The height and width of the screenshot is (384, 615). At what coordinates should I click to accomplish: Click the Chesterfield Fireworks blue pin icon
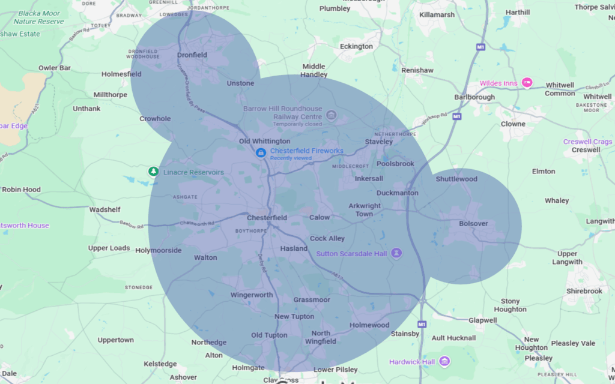(261, 153)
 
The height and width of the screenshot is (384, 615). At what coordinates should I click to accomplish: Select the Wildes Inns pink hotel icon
(527, 83)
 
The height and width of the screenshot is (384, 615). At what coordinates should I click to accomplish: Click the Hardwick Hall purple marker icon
(444, 361)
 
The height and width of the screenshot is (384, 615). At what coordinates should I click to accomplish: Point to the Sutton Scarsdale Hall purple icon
(396, 253)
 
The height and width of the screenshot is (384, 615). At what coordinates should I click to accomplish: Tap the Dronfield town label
(192, 55)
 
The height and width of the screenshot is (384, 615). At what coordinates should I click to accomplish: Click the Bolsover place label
(473, 224)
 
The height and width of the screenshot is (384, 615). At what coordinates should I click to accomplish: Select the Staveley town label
(379, 142)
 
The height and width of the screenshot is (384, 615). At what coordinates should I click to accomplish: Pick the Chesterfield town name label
(267, 218)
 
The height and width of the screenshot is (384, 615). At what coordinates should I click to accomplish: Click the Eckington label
(356, 47)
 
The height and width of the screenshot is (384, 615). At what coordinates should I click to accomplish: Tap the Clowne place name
(514, 124)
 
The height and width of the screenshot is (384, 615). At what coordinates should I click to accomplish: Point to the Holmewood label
(369, 325)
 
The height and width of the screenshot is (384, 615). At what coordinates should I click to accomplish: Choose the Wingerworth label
(252, 295)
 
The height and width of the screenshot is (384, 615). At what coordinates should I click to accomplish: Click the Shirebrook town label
(584, 291)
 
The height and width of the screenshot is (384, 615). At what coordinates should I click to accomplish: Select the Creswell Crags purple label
(587, 142)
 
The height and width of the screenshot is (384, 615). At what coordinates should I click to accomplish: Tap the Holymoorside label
(159, 251)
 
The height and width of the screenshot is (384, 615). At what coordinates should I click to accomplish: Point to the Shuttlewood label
(456, 179)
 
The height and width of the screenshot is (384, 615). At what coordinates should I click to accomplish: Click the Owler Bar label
(55, 68)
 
